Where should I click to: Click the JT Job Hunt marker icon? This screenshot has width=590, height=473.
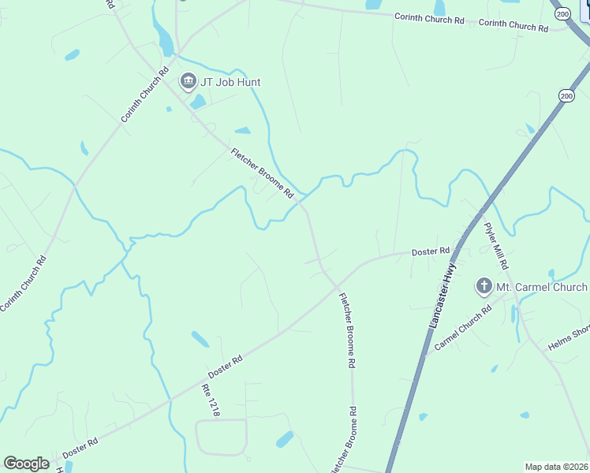pyautogui.click(x=188, y=81)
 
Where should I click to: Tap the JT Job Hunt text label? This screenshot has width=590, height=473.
pyautogui.click(x=231, y=82)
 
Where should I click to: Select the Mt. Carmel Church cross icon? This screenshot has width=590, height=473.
pyautogui.click(x=484, y=287)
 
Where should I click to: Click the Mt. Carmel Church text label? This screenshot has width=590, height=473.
pyautogui.click(x=542, y=287)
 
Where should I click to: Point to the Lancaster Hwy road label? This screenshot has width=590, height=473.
pyautogui.click(x=443, y=296)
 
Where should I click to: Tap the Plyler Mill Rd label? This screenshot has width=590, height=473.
pyautogui.click(x=496, y=245)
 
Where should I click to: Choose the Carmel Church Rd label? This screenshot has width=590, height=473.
pyautogui.click(x=463, y=328)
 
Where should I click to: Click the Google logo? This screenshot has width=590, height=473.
pyautogui.click(x=27, y=464)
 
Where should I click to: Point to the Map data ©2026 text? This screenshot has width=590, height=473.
pyautogui.click(x=556, y=467)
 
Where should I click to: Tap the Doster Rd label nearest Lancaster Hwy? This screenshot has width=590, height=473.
pyautogui.click(x=430, y=251)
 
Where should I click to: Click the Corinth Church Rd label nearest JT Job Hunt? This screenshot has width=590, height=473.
pyautogui.click(x=145, y=97)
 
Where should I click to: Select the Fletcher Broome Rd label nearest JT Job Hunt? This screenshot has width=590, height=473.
pyautogui.click(x=262, y=173)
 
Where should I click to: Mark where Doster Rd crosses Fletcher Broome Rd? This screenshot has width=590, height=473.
pyautogui.click(x=335, y=285)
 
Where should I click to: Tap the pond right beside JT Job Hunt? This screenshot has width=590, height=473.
pyautogui.click(x=198, y=102)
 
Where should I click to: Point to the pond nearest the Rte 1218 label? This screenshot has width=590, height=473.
pyautogui.click(x=200, y=339)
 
